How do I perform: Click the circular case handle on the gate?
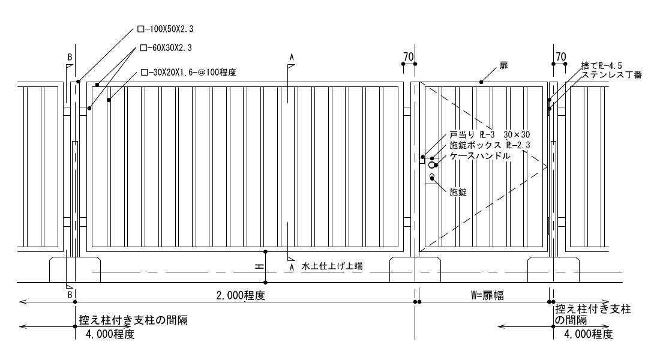(433, 166)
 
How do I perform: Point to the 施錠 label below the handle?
(458, 193)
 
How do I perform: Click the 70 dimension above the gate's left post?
(409, 57)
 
